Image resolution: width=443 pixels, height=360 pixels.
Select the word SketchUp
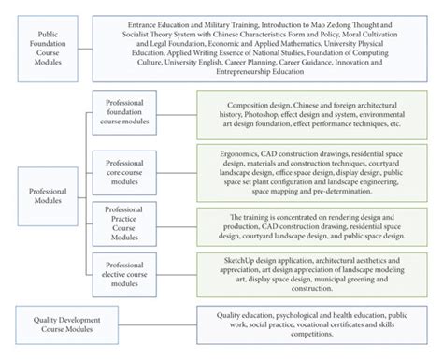click(x=229, y=256)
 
